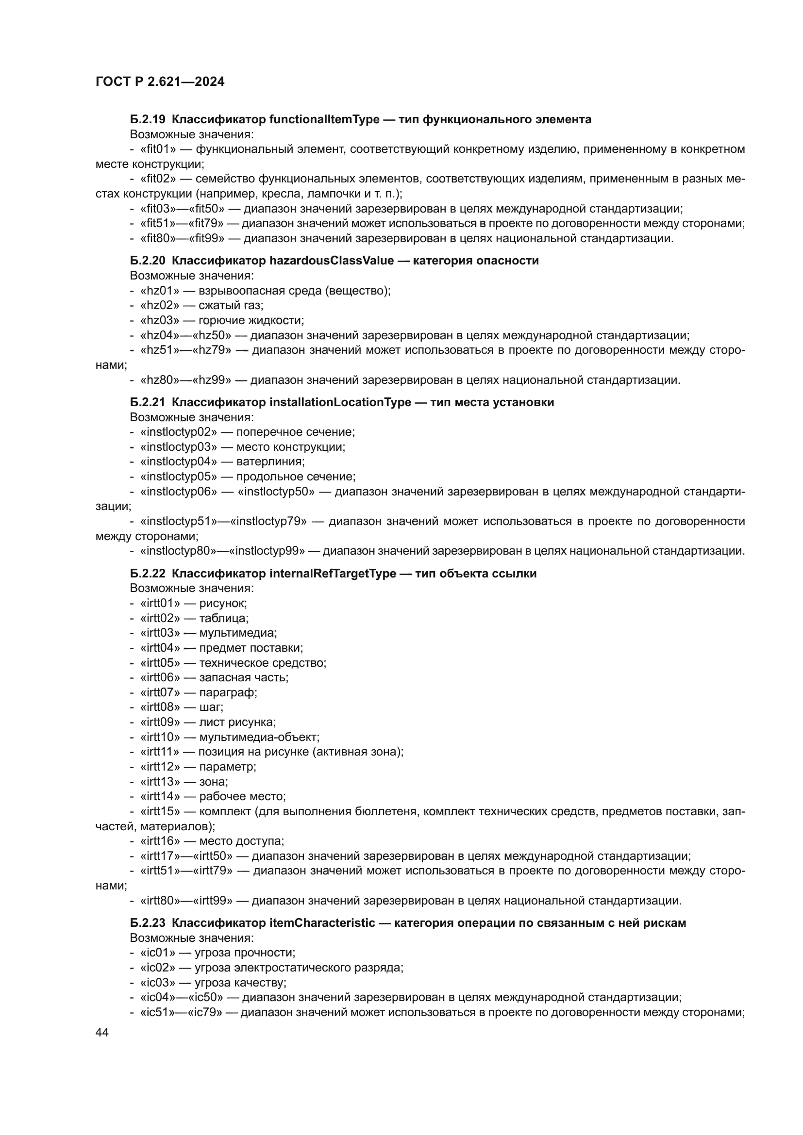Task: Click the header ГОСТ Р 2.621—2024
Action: click(x=160, y=82)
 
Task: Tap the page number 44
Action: click(x=102, y=1032)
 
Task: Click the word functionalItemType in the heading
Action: click(x=324, y=119)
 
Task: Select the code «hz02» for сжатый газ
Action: click(x=160, y=306)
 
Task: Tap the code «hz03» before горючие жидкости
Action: click(x=160, y=320)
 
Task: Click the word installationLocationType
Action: click(x=340, y=402)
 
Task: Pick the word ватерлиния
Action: click(x=270, y=461)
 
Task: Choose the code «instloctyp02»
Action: click(x=179, y=432)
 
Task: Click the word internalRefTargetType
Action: click(x=333, y=574)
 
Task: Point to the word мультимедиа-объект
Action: click(x=259, y=737)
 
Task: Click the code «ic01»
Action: click(x=158, y=953)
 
